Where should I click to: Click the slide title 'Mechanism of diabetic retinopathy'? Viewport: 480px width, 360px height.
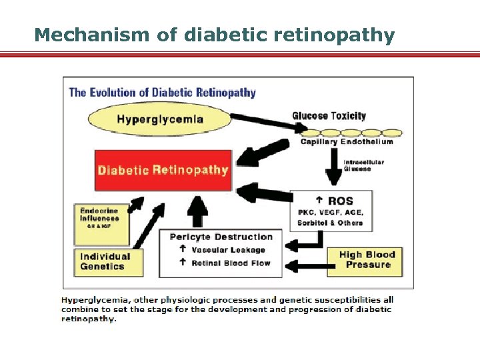(x=214, y=35)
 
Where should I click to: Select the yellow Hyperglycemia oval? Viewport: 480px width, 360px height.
(x=160, y=120)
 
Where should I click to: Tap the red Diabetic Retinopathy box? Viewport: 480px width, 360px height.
(x=163, y=169)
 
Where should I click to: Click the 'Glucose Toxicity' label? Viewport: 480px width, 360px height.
(x=329, y=116)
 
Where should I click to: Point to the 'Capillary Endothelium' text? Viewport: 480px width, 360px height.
(x=347, y=141)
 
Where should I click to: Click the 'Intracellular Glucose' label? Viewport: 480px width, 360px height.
(x=363, y=165)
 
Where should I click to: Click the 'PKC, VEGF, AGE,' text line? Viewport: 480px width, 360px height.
(x=330, y=213)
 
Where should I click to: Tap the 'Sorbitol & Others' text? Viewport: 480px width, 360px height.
(x=330, y=223)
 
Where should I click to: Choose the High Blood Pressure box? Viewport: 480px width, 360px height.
(x=367, y=260)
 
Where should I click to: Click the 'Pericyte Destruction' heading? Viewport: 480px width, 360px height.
(x=221, y=237)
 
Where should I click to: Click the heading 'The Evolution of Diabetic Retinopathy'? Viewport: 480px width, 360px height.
(x=162, y=92)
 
